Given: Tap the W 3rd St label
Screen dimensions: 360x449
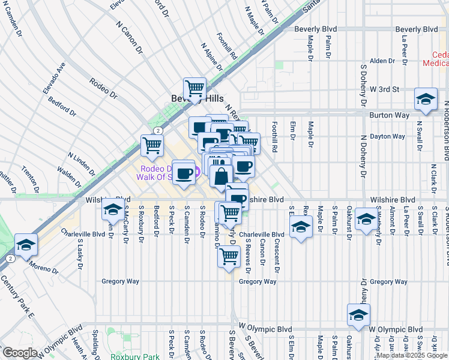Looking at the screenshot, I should [384, 89].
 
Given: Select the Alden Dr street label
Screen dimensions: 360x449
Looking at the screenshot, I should [382, 61].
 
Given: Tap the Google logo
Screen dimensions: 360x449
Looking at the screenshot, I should [20, 353].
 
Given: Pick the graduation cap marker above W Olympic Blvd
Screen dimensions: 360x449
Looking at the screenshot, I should [358, 314].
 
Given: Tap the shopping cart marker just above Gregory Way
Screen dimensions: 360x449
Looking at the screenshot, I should [229, 256].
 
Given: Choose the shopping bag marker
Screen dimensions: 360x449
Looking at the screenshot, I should [221, 176].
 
